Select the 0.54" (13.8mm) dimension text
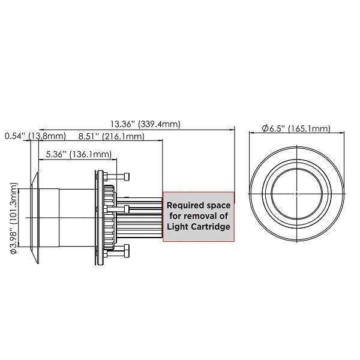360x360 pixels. [x=30, y=137]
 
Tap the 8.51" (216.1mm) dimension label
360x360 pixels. [x=110, y=137]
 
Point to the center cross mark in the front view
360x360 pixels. [x=297, y=194]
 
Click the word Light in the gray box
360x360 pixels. [x=178, y=227]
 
